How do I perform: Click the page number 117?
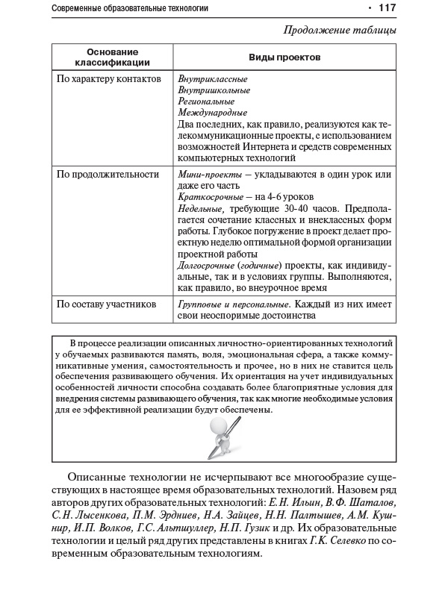point(387,8)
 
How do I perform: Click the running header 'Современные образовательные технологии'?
point(130,8)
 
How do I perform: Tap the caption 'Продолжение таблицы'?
point(340,31)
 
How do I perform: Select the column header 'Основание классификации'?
point(113,57)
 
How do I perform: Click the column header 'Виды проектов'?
point(284,57)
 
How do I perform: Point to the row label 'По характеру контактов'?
point(108,78)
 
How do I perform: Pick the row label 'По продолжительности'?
point(108,174)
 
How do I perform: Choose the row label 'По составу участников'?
point(106,304)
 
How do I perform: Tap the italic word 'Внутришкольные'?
point(214,90)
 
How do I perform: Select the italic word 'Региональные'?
point(207,101)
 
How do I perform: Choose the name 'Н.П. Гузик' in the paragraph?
point(272,527)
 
